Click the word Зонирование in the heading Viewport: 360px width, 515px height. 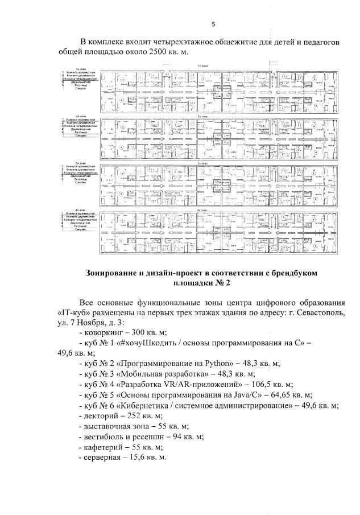pos(113,274)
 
